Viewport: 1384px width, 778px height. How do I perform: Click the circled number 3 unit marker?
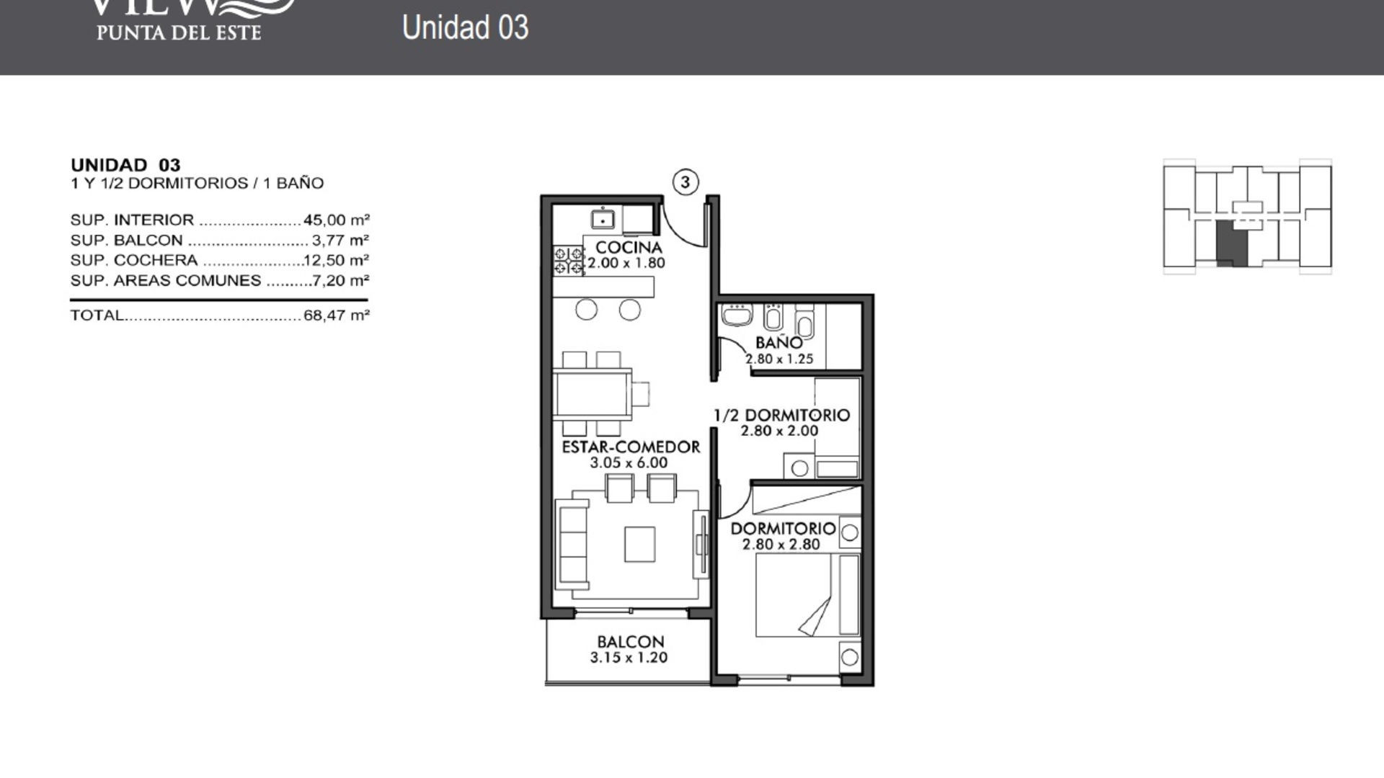pyautogui.click(x=685, y=182)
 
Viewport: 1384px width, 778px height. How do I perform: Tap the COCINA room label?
pyautogui.click(x=629, y=248)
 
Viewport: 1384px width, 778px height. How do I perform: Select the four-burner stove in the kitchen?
pyautogui.click(x=568, y=260)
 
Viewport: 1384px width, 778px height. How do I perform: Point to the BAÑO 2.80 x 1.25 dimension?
pyautogui.click(x=779, y=359)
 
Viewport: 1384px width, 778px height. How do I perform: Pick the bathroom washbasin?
pyautogui.click(x=736, y=316)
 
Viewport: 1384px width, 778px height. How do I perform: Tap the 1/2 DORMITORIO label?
pyautogui.click(x=781, y=415)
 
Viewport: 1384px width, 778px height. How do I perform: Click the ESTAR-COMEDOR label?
pyautogui.click(x=631, y=447)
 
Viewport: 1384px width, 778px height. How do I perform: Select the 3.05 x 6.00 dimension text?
pyautogui.click(x=629, y=462)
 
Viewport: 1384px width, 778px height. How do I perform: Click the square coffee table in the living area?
pyautogui.click(x=639, y=544)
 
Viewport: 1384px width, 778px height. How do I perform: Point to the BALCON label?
pyautogui.click(x=630, y=641)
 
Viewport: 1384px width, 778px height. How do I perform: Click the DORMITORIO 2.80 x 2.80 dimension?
pyautogui.click(x=781, y=545)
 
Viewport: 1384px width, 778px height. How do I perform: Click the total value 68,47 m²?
pyautogui.click(x=336, y=316)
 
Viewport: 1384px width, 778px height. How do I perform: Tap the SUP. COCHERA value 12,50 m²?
pyautogui.click(x=336, y=260)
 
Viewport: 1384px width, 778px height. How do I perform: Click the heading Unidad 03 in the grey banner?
pyautogui.click(x=465, y=27)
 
